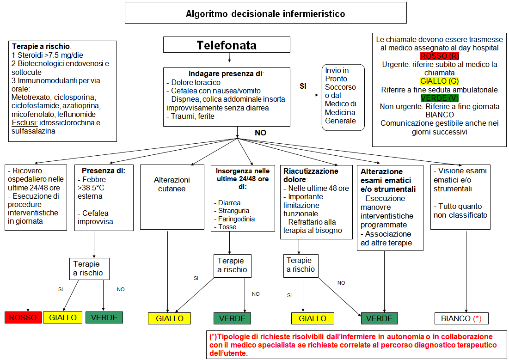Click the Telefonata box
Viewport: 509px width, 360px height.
tap(227, 45)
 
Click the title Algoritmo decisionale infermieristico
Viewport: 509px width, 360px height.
tap(265, 14)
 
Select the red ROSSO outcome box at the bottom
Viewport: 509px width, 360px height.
tap(23, 317)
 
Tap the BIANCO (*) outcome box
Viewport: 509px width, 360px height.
tap(461, 318)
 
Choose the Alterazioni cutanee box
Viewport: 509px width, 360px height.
tap(172, 197)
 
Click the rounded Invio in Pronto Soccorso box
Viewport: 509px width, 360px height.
tap(343, 98)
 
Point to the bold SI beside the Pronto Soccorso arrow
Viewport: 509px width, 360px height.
tap(303, 86)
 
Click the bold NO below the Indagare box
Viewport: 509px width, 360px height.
tap(260, 133)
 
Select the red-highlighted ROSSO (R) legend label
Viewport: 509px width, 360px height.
tap(440, 56)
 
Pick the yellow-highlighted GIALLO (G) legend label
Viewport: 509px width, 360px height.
tap(440, 81)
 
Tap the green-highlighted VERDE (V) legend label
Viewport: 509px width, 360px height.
tap(440, 98)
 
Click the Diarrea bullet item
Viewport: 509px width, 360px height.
tap(227, 203)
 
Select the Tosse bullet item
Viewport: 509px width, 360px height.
tap(225, 227)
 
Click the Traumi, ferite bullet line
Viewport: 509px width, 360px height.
tap(190, 116)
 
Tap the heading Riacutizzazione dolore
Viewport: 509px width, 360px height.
tap(311, 175)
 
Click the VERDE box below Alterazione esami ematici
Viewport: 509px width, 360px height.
tap(379, 318)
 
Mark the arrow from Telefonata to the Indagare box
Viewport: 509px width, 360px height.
tap(229, 57)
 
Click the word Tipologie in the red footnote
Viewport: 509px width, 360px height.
tap(231, 336)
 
